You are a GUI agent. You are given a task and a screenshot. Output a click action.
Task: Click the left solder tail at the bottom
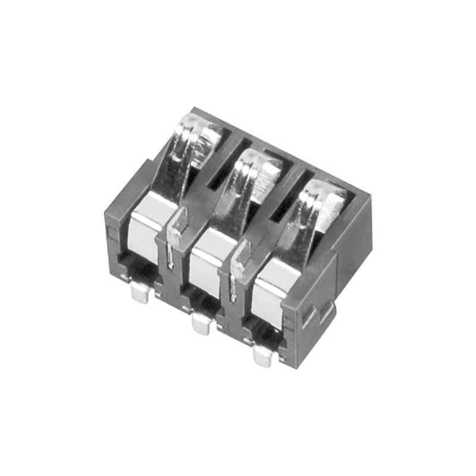[141, 293]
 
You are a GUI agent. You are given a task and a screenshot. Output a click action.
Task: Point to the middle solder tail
[202, 324]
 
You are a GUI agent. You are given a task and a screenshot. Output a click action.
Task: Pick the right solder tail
[262, 356]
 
